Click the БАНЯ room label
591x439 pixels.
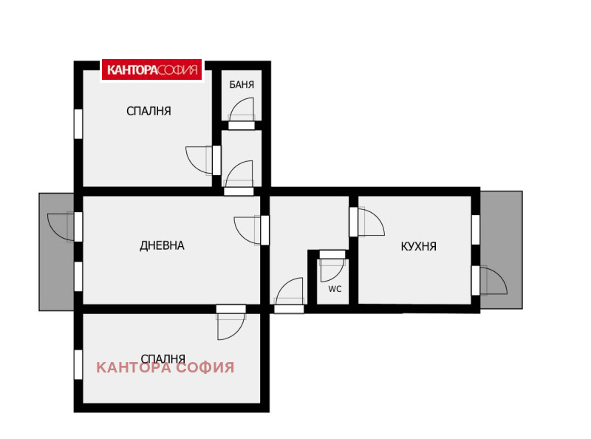(x=242, y=84)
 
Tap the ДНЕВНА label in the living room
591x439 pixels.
(x=162, y=245)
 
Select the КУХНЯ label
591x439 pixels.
(x=418, y=246)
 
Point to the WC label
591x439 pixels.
(x=335, y=289)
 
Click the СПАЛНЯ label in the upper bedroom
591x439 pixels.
(x=148, y=111)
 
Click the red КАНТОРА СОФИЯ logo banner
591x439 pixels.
(x=152, y=69)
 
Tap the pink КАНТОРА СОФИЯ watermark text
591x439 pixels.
(x=165, y=367)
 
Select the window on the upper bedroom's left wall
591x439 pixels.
(x=78, y=124)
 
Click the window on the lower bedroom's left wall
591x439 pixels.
(x=78, y=364)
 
